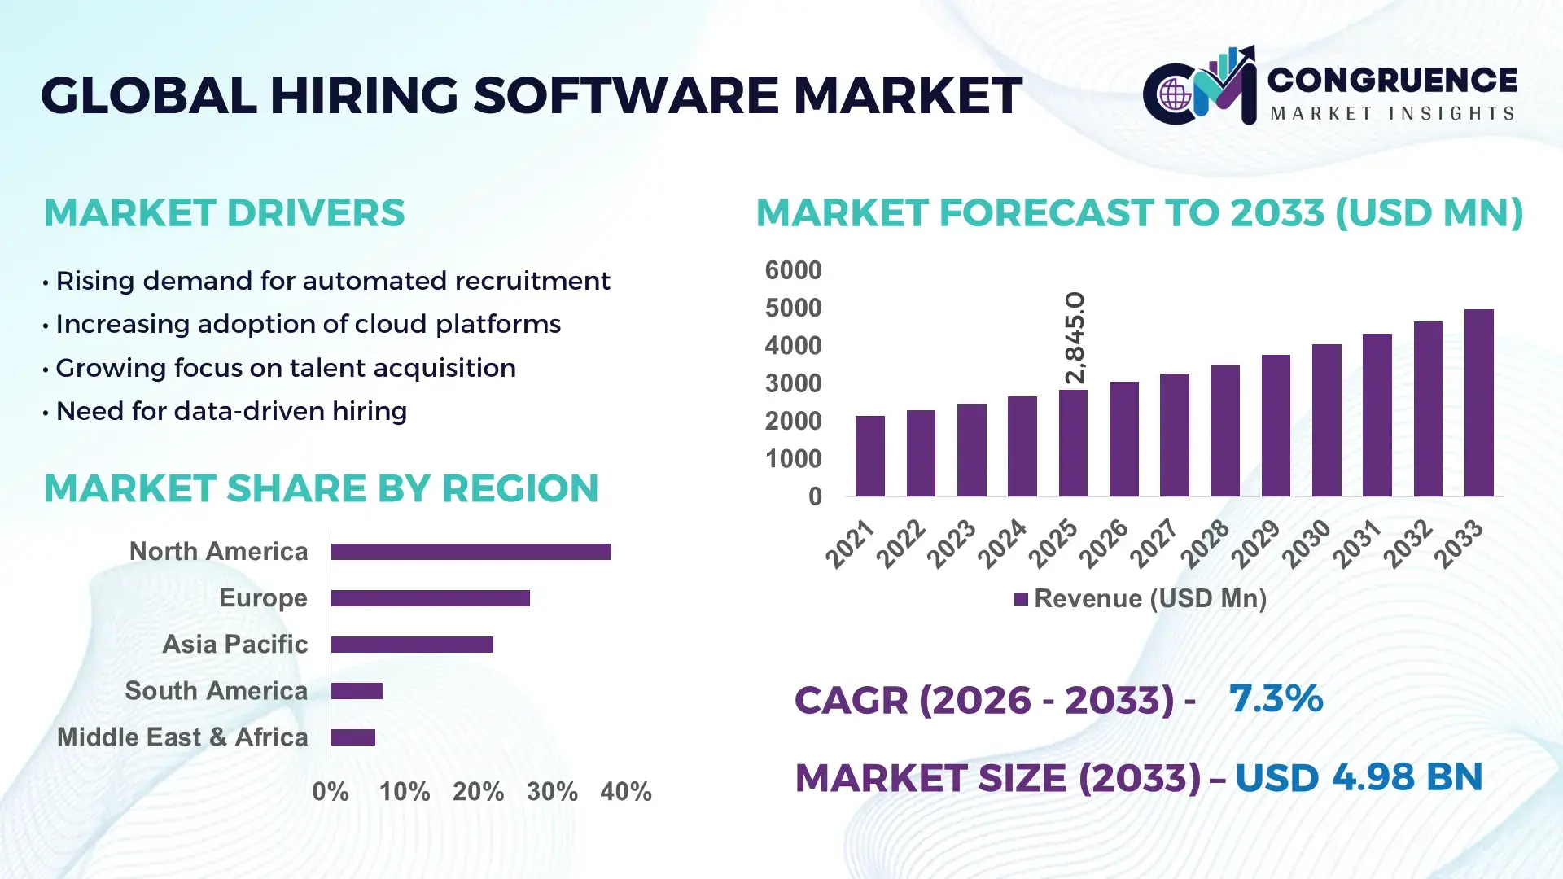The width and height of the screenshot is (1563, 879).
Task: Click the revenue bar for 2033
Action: (1478, 403)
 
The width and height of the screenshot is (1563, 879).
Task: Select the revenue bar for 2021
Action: (869, 456)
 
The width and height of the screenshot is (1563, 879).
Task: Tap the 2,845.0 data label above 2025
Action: (1075, 338)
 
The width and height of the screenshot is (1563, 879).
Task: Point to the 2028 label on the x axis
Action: (1206, 543)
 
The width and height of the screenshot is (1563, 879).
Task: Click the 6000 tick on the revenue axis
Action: (793, 270)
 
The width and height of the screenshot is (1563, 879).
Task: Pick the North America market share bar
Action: (471, 552)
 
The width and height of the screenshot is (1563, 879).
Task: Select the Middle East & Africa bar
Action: (352, 737)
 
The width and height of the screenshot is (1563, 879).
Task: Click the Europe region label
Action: (263, 598)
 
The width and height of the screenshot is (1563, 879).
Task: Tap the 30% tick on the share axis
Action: (552, 791)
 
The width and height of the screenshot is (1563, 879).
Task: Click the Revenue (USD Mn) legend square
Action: (1021, 600)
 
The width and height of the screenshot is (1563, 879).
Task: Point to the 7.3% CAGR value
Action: (1276, 698)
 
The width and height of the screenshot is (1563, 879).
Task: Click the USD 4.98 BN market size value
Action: (1358, 777)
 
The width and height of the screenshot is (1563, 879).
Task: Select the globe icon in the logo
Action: (1175, 95)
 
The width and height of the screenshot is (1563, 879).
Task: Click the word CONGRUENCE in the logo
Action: (1392, 80)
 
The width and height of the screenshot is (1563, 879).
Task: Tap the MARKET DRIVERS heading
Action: (224, 213)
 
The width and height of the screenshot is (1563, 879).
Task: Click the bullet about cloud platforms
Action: (308, 324)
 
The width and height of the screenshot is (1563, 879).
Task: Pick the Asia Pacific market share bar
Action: (412, 645)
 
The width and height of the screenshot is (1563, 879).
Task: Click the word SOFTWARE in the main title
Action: (625, 95)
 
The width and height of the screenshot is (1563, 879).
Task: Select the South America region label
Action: (216, 691)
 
